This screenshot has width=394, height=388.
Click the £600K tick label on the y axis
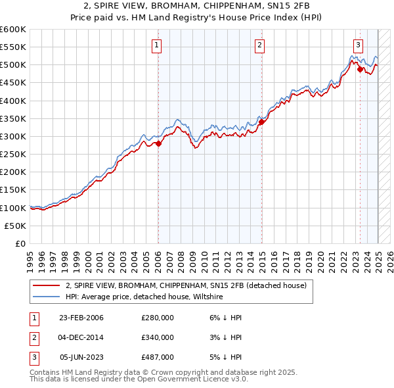(x=12, y=30)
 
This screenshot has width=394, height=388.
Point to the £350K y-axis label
(x=12, y=119)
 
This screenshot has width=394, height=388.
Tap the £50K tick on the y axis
(x=15, y=226)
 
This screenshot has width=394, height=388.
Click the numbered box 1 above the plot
(x=158, y=45)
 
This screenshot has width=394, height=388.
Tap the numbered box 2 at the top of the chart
(x=260, y=45)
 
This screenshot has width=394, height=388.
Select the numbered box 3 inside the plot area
(x=358, y=45)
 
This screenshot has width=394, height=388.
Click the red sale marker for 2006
(x=158, y=143)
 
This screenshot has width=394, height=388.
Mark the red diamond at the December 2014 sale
(x=261, y=122)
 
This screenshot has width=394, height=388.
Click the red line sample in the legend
(x=47, y=285)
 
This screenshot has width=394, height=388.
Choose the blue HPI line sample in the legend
(x=47, y=297)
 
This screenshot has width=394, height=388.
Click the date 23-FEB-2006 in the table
(x=81, y=318)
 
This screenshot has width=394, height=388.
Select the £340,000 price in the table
(x=158, y=337)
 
